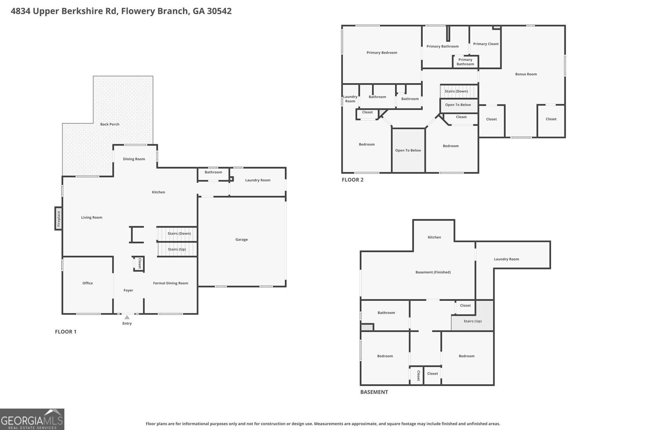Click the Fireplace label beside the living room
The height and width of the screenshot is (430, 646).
click(x=59, y=219)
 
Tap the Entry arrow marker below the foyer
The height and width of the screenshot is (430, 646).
click(x=127, y=317)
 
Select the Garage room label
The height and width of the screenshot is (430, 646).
click(x=241, y=240)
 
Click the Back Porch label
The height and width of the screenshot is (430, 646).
click(x=110, y=124)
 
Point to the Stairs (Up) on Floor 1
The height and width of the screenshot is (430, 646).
click(x=177, y=249)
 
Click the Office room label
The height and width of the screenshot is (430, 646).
click(x=88, y=283)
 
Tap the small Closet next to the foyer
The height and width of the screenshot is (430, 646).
click(x=139, y=263)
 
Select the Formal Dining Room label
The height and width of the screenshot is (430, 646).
click(x=170, y=283)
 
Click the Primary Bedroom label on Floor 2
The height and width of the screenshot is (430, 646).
click(x=382, y=52)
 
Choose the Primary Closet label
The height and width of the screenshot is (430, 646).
click(x=486, y=44)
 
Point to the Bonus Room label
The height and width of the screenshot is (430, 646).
click(x=526, y=74)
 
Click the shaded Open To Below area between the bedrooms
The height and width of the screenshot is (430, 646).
click(x=408, y=150)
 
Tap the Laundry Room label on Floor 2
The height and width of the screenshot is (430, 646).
click(x=350, y=99)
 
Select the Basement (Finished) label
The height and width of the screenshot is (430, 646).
click(x=433, y=272)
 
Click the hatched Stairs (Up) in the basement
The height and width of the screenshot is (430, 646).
click(x=472, y=321)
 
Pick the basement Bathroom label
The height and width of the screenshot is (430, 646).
click(x=386, y=313)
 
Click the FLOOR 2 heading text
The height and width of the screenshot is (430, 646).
click(x=352, y=180)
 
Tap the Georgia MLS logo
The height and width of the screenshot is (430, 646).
click(x=32, y=419)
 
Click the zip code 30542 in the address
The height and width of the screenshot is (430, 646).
click(x=219, y=11)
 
